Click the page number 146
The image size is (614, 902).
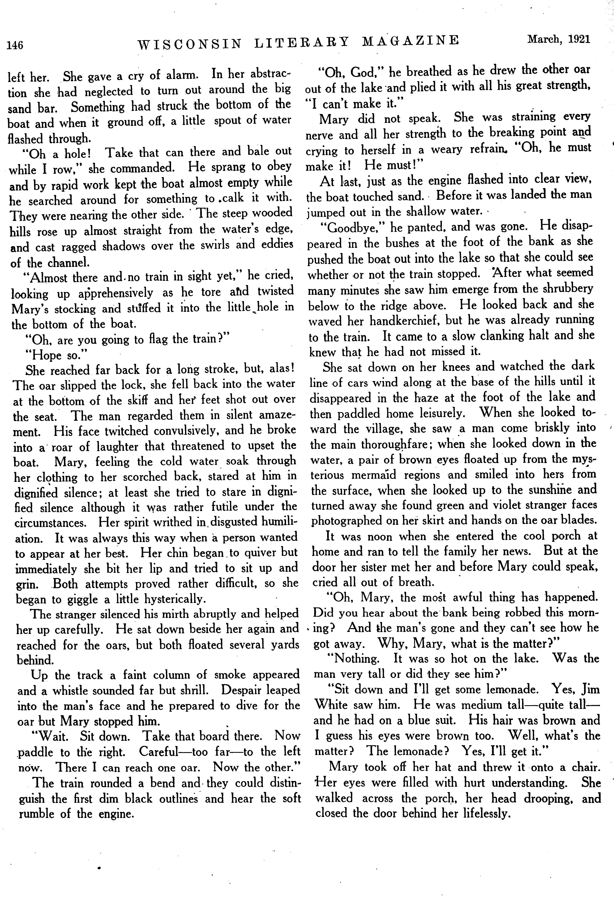[x=15, y=45]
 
